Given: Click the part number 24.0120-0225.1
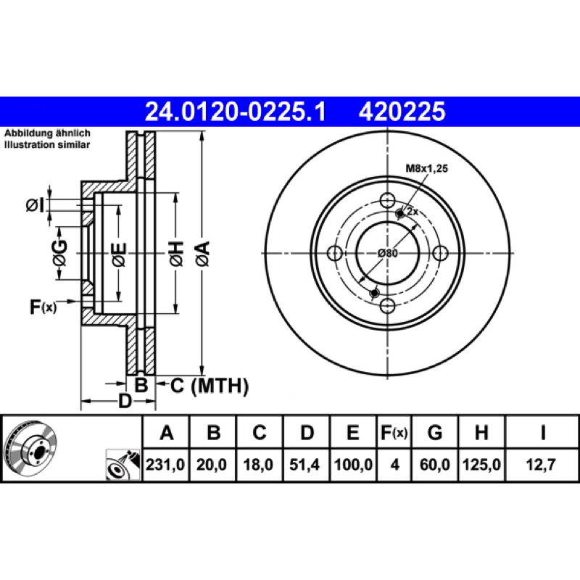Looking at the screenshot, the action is tap(235, 112).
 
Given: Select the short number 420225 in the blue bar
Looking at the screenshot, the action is tap(402, 112).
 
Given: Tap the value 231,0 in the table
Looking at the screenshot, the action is tap(165, 465).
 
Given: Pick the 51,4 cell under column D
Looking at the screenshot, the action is tap(304, 465).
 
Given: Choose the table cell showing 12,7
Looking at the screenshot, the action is tap(541, 465).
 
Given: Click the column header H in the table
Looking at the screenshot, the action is tap(481, 432).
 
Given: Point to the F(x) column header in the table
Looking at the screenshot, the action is tap(394, 432).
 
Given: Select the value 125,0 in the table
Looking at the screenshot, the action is tap(481, 465).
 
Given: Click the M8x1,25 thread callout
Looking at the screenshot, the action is tap(427, 169).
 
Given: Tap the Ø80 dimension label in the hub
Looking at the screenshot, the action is tap(388, 253).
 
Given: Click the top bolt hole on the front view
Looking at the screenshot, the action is tap(387, 201).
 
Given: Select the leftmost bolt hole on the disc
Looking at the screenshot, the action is tap(335, 253).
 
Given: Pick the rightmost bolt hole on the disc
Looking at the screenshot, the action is tap(440, 253).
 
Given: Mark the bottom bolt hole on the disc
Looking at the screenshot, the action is tap(387, 306).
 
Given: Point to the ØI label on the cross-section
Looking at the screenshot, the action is tap(35, 204).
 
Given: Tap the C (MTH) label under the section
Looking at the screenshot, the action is tap(210, 386).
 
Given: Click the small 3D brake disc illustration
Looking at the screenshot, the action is tap(30, 449).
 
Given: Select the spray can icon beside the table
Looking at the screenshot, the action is tap(123, 465).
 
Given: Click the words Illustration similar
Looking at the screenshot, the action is tap(47, 144).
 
